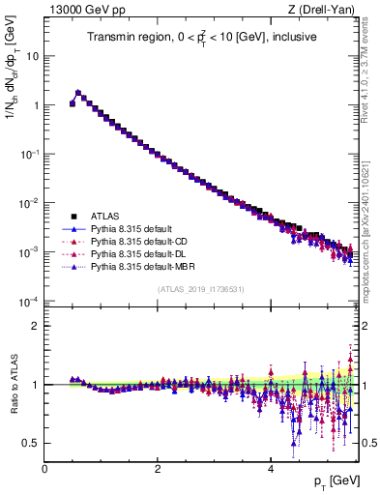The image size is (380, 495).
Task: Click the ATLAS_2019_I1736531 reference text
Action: pyautogui.click(x=200, y=288)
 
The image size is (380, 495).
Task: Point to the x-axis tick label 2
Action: pyautogui.click(x=158, y=469)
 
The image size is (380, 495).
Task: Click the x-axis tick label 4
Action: pyautogui.click(x=270, y=469)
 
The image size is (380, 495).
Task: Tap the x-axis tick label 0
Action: pyautogui.click(x=44, y=469)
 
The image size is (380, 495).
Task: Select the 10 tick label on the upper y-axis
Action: pyautogui.click(x=30, y=56)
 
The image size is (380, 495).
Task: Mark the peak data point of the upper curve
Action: pyautogui.click(x=77, y=93)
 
